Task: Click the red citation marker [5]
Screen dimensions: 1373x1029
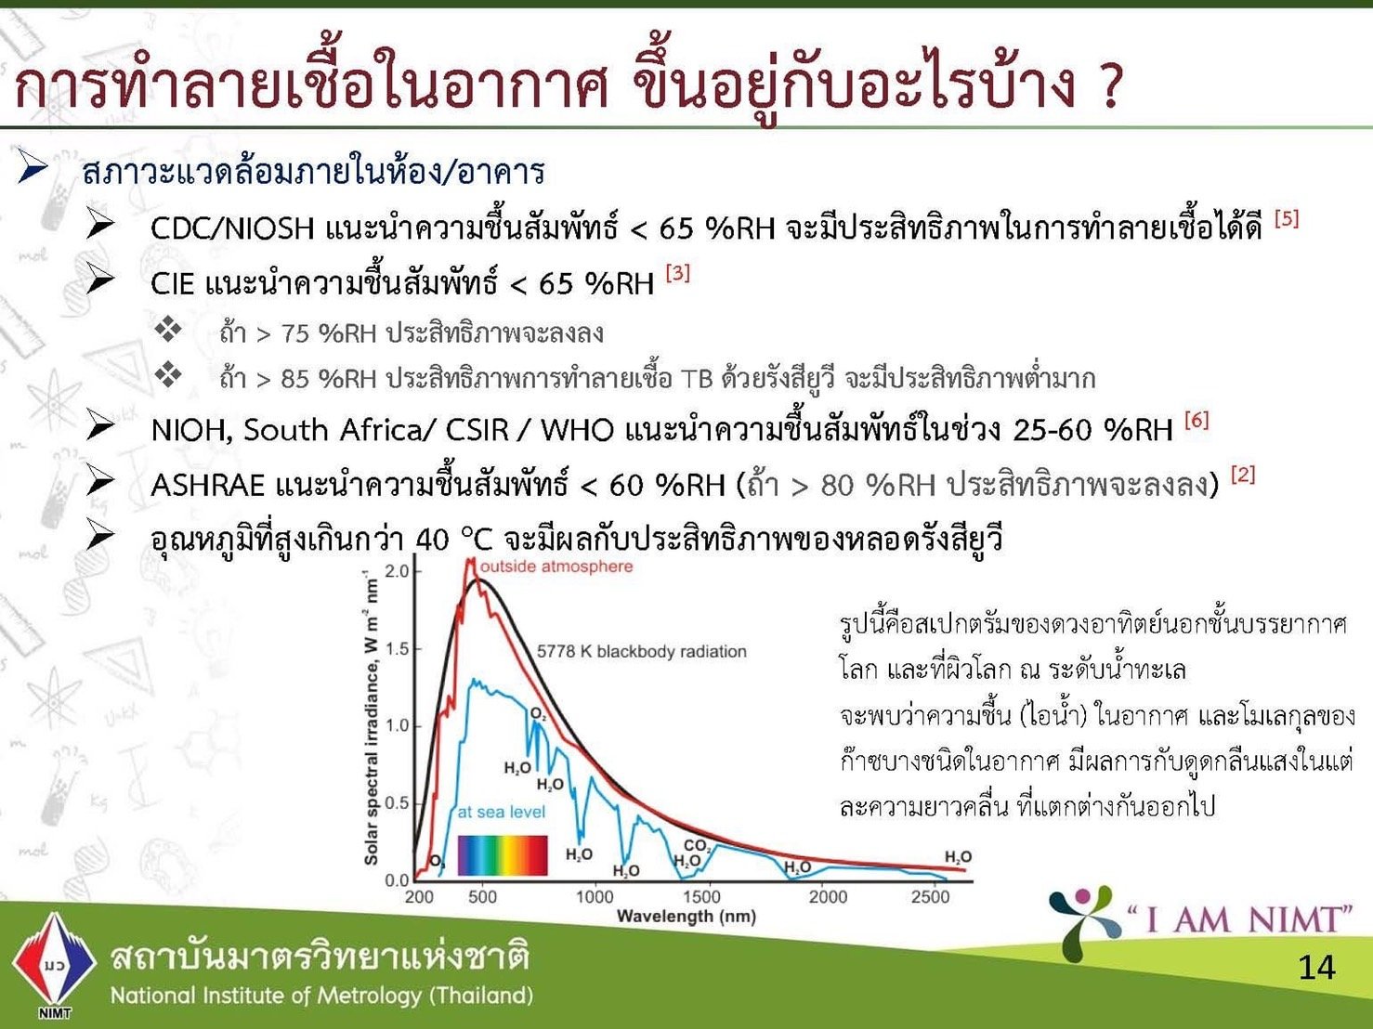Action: pos(1287,219)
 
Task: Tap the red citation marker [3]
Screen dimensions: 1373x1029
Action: pos(677,273)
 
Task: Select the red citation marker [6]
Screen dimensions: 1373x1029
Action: pos(1196,420)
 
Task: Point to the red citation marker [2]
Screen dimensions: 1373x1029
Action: pos(1243,475)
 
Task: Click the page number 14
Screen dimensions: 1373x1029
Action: pos(1316,967)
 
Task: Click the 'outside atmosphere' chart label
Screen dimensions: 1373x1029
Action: pos(556,567)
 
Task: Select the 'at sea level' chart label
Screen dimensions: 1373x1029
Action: pos(501,812)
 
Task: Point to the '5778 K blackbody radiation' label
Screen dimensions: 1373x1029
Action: pos(641,651)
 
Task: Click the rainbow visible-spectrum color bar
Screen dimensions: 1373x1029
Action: pos(503,855)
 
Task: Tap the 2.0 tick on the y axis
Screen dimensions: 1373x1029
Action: pos(396,571)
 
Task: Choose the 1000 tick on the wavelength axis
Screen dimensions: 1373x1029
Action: pos(595,897)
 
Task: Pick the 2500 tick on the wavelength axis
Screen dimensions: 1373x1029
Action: pos(930,897)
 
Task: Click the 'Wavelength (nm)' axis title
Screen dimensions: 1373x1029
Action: pos(686,917)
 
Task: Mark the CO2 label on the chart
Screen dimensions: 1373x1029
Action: pos(698,846)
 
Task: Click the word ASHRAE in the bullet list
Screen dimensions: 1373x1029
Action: pos(208,485)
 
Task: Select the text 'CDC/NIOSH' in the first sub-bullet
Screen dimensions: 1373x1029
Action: pos(232,228)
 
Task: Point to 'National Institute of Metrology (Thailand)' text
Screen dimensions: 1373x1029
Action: pos(321,996)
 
